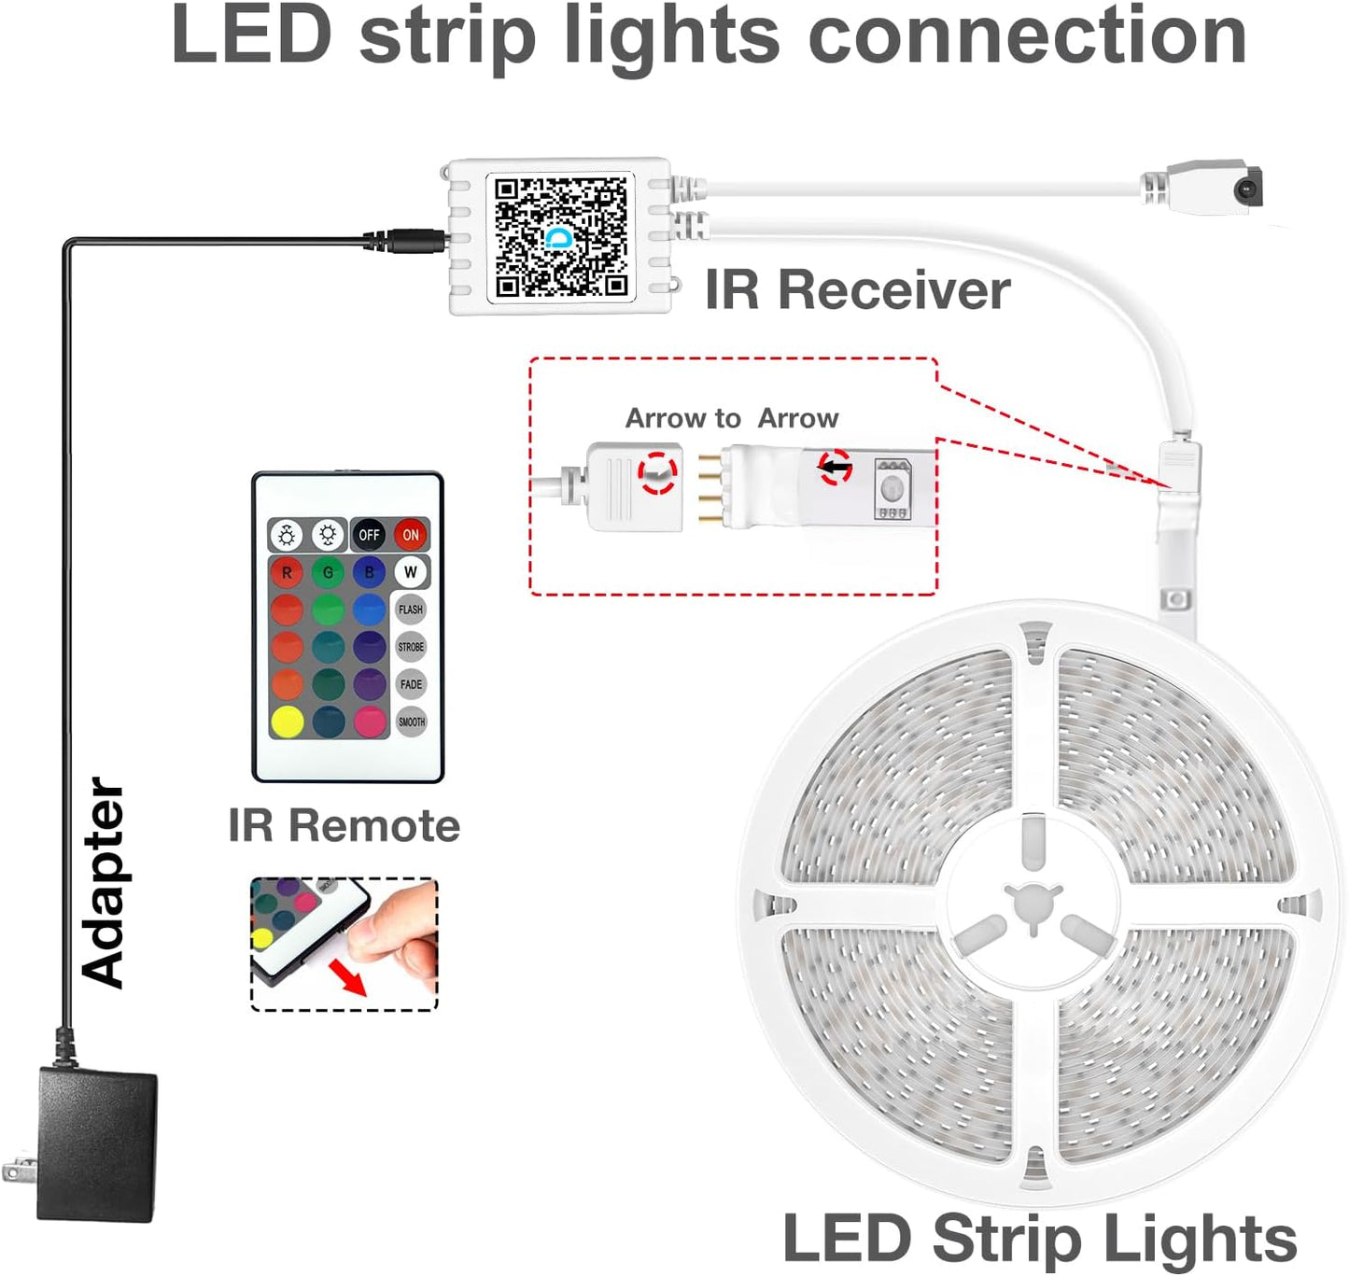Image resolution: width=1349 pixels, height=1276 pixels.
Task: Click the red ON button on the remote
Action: [x=410, y=535]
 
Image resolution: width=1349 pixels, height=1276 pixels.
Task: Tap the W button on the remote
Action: [x=410, y=572]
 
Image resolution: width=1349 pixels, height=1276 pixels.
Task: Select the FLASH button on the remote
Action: [x=411, y=610]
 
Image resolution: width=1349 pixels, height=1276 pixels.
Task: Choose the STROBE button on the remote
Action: [x=411, y=647]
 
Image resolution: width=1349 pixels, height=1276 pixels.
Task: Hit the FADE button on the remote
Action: [x=411, y=684]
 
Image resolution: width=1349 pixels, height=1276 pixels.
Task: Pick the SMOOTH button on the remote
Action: [x=411, y=722]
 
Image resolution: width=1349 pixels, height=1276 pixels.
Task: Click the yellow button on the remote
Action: [x=287, y=722]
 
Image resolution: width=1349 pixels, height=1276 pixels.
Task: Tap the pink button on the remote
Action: [x=370, y=722]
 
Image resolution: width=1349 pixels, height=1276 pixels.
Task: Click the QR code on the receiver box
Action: [x=560, y=237]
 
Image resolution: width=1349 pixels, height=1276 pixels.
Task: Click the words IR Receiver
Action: [x=857, y=289]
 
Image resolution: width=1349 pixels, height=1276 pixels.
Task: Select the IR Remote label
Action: [x=344, y=826]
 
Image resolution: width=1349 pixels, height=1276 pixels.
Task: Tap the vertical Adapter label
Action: [x=103, y=883]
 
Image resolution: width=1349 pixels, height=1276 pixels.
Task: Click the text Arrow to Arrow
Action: [x=732, y=418]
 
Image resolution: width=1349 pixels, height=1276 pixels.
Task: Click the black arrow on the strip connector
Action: [x=836, y=464]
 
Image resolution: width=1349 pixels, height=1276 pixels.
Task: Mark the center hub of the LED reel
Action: [x=1033, y=904]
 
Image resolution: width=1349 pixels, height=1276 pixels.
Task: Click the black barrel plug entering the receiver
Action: [x=411, y=240]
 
